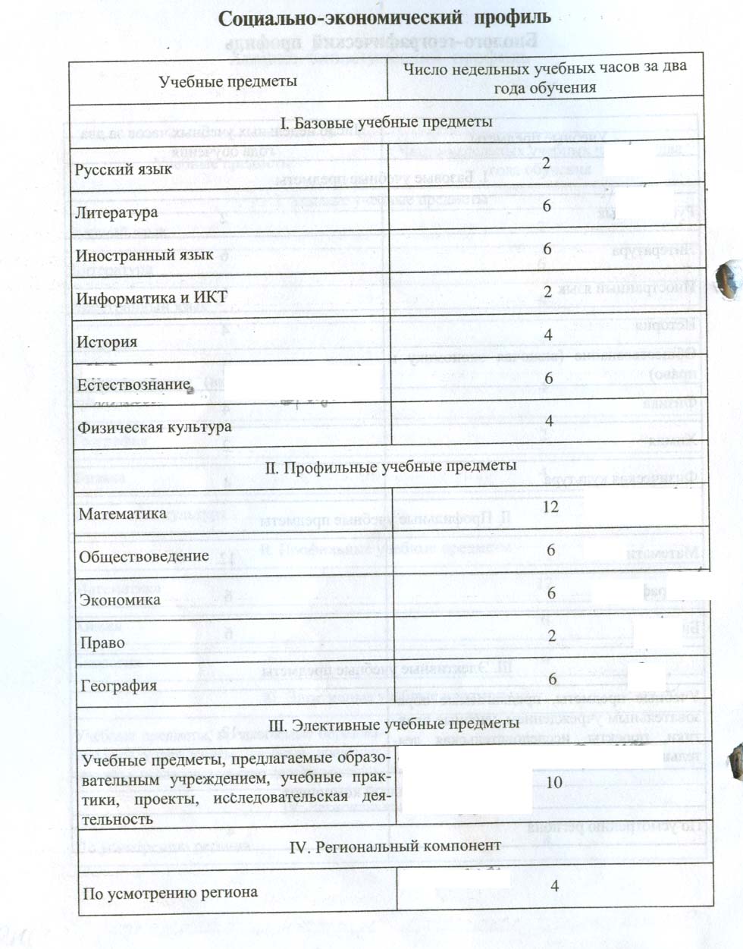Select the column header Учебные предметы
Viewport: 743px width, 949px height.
[227, 81]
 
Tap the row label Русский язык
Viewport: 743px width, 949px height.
[124, 169]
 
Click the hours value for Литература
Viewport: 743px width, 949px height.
[547, 206]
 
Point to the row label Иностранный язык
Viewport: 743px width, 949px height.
[145, 255]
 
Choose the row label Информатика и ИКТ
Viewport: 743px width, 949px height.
[152, 297]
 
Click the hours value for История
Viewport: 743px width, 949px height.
[548, 335]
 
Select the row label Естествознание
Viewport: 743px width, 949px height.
[133, 385]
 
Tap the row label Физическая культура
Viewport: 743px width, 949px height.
[154, 427]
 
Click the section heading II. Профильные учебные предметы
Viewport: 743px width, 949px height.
[390, 466]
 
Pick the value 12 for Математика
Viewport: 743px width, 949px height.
[550, 506]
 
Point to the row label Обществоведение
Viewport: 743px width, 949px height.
[144, 556]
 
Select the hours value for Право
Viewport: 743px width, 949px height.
[552, 636]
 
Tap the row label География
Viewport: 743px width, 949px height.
[119, 686]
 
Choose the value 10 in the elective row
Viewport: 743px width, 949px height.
[554, 782]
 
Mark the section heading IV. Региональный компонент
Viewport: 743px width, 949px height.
[396, 845]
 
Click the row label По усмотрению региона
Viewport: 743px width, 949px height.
[170, 893]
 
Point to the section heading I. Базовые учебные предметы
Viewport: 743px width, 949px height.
[386, 122]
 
